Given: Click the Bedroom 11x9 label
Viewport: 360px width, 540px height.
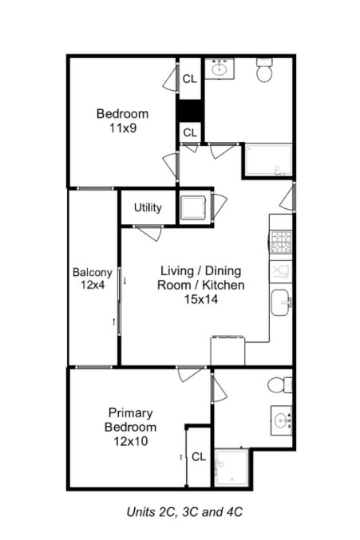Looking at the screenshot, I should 122,120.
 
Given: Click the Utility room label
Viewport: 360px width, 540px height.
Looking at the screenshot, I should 148,208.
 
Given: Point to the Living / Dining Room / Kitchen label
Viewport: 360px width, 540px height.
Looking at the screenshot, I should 201,285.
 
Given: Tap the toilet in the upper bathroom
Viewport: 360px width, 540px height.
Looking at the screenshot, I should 265,73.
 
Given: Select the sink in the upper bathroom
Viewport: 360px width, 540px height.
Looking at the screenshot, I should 219,69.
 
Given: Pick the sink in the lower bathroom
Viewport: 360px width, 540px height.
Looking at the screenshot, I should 281,418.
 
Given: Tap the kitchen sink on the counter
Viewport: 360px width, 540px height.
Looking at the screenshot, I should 281,302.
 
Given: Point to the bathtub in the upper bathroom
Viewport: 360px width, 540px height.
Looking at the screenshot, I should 267,161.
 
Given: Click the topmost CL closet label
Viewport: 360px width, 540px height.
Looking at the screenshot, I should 190,79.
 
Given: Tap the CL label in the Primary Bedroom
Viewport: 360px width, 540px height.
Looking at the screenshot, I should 199,457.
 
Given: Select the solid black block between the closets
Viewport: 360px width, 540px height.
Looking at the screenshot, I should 190,110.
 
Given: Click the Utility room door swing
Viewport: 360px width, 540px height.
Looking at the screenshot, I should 148,234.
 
